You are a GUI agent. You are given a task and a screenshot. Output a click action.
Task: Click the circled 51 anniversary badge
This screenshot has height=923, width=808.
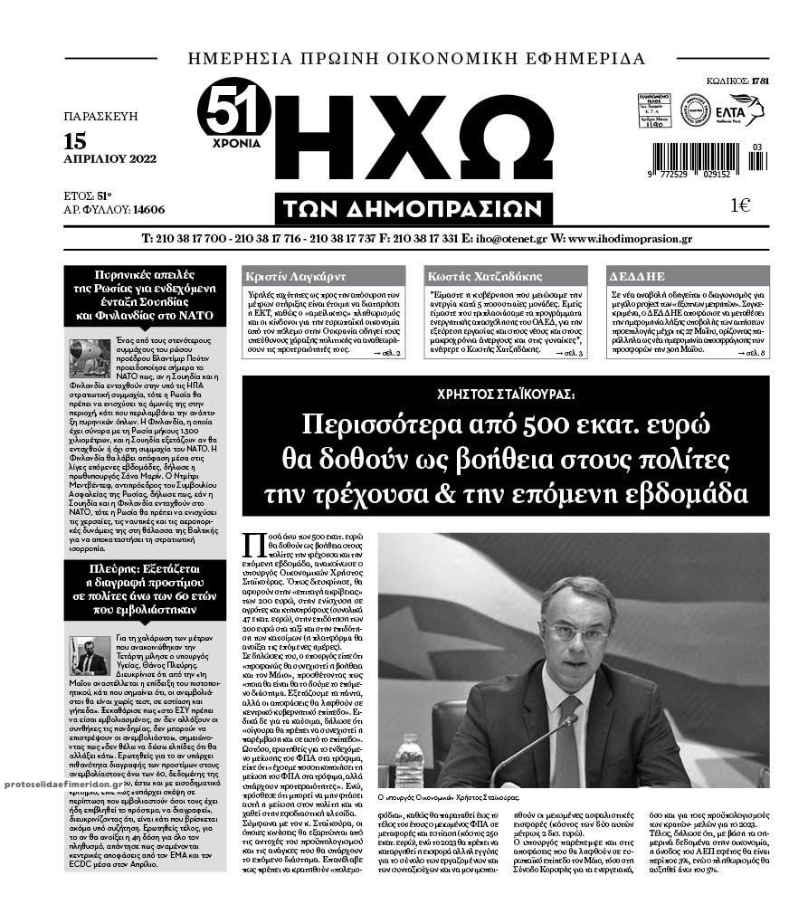click(x=234, y=114)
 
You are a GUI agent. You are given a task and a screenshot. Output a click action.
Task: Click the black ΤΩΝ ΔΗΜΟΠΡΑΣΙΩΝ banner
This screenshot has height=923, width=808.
click(x=414, y=207)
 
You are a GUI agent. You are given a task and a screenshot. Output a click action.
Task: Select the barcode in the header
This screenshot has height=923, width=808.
click(x=708, y=157)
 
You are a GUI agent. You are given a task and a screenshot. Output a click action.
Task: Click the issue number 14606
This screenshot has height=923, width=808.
click(x=119, y=208)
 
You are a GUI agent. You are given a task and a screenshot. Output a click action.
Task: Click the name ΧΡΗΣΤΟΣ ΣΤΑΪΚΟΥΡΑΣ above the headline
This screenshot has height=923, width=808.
click(x=505, y=394)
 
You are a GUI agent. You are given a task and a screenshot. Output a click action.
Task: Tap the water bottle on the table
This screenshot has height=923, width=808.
click(x=408, y=758)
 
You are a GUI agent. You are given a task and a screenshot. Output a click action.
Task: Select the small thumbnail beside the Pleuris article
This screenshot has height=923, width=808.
click(x=88, y=653)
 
